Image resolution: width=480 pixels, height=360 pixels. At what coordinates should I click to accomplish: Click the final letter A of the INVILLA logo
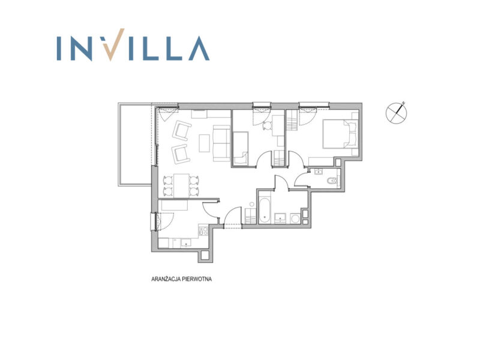pos(199,49)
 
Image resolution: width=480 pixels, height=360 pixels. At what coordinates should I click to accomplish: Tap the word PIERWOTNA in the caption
pos(197,279)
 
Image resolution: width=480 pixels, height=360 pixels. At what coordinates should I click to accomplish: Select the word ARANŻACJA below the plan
pos(166,279)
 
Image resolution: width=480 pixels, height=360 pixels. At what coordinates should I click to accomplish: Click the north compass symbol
pos(397,113)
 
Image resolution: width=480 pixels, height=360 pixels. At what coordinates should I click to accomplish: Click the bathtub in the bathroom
pos(264,211)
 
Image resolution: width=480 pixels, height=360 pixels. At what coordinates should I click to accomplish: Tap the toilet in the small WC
pos(332,181)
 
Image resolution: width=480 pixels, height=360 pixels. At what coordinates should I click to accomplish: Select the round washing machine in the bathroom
pos(296,218)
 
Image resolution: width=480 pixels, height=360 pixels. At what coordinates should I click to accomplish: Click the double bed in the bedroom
pos(341,134)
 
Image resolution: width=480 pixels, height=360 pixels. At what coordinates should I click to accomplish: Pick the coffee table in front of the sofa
pos(205,143)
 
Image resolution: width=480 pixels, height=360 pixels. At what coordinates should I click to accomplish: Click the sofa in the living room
pos(221,143)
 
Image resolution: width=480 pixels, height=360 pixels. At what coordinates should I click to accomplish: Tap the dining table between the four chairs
pos(181,185)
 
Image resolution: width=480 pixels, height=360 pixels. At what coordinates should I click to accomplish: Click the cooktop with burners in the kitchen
pos(203,230)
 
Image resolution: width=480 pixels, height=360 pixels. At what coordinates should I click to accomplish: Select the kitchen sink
pos(185,243)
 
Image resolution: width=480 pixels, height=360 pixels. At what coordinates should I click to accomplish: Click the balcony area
pos(135,145)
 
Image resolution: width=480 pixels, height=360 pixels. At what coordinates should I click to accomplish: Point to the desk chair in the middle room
pos(268,126)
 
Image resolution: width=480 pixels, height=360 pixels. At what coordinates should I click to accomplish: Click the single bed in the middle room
pos(241,148)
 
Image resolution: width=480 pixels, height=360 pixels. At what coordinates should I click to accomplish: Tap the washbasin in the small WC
pos(319,172)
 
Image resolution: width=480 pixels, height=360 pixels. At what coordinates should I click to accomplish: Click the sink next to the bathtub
pos(280,217)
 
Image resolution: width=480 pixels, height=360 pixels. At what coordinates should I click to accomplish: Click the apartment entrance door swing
pos(233,217)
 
